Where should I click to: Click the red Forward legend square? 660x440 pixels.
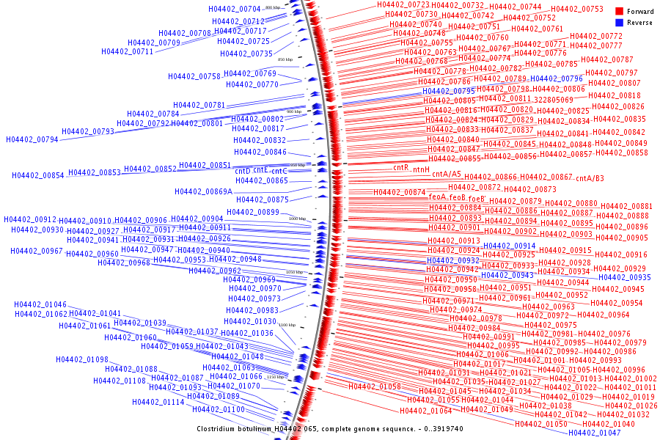click(620, 12)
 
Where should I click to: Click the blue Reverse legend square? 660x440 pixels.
click(620, 23)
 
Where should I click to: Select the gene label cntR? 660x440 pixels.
click(400, 167)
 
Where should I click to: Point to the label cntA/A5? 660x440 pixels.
click(446, 175)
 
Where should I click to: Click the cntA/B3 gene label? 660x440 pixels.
click(590, 178)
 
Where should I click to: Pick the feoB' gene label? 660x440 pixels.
click(477, 198)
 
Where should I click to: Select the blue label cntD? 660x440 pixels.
click(242, 171)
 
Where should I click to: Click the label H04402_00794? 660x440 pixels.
click(32, 139)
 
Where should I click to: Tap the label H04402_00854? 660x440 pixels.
click(38, 175)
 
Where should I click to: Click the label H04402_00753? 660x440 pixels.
click(576, 9)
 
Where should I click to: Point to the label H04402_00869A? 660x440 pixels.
click(203, 191)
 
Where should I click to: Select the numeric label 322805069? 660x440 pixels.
click(554, 99)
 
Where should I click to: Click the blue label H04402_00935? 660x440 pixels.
click(624, 277)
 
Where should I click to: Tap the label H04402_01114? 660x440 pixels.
click(158, 402)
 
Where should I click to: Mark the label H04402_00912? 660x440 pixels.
click(30, 219)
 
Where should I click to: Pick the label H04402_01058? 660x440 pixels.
click(374, 386)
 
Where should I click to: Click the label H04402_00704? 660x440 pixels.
click(235, 9)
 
